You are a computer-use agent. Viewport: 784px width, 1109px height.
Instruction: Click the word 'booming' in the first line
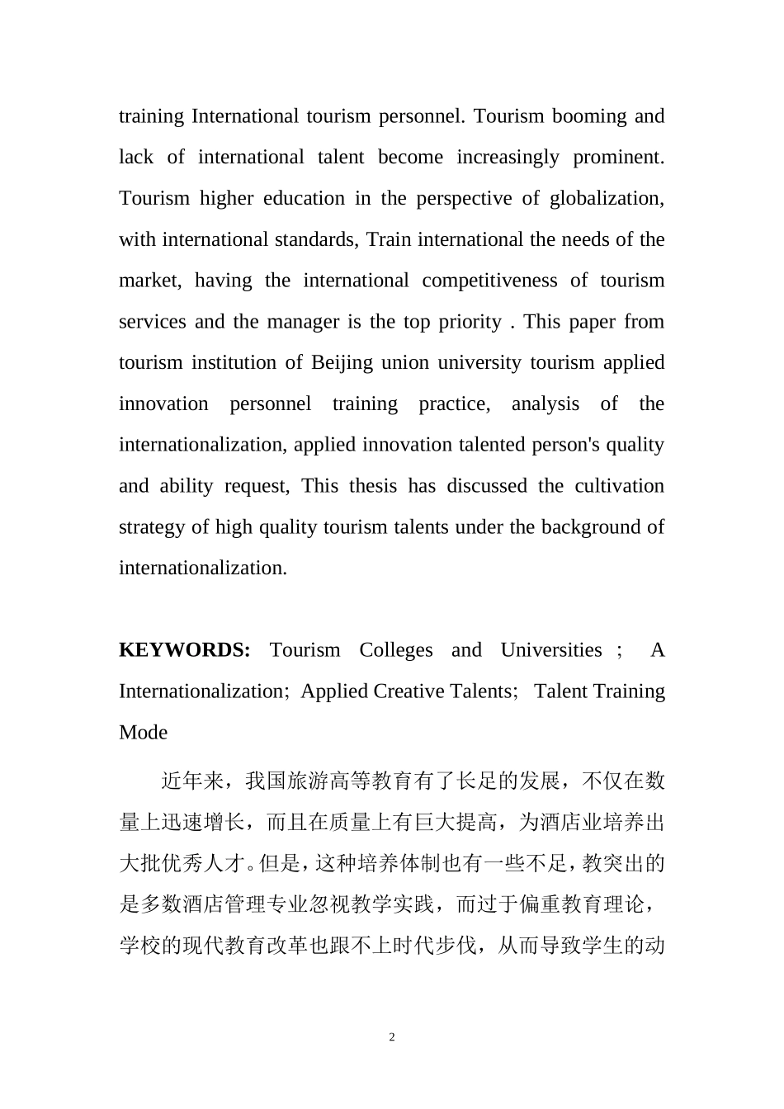(x=589, y=116)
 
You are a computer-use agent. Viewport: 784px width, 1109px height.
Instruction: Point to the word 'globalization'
(x=607, y=199)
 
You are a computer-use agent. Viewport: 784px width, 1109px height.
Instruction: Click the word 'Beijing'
(x=342, y=363)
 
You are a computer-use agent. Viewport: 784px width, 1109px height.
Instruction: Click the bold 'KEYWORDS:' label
(x=185, y=650)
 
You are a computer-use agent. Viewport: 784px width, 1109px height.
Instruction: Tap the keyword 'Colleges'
(x=396, y=650)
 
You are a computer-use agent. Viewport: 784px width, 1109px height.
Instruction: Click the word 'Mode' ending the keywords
(x=144, y=733)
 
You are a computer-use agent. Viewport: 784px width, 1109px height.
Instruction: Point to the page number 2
(x=392, y=1038)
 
